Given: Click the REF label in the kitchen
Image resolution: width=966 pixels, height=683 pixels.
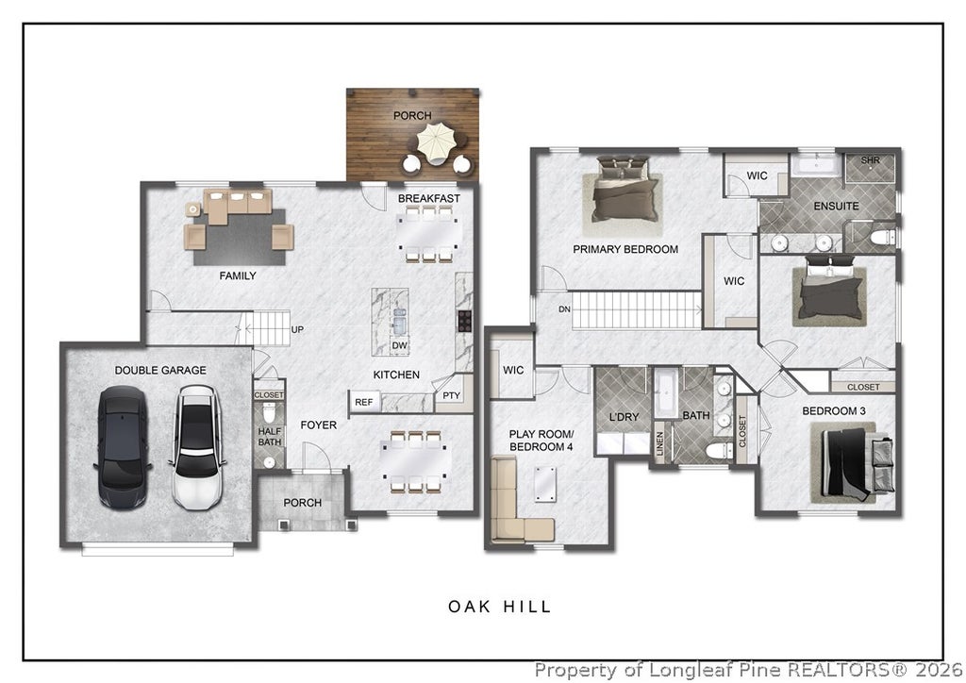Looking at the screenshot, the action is [x=363, y=402].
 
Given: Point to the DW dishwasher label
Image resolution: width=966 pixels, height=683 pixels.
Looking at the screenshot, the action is [x=400, y=345].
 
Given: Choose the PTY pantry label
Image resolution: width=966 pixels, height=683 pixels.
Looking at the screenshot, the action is [x=452, y=395].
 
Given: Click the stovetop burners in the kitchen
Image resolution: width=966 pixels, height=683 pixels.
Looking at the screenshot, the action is [x=464, y=322].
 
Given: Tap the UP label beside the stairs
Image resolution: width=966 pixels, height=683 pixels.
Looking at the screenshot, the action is [x=297, y=329].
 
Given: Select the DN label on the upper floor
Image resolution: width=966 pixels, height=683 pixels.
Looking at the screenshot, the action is [x=564, y=309].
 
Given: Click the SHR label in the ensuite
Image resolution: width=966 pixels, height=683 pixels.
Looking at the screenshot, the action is [x=870, y=160].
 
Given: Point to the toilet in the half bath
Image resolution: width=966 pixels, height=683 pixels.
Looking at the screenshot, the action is [x=269, y=410].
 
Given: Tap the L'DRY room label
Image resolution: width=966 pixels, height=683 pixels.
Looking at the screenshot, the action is [x=625, y=417].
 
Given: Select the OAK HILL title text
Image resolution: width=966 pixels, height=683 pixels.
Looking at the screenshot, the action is [x=500, y=607].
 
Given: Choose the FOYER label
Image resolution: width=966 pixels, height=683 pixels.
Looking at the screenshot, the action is [x=319, y=425].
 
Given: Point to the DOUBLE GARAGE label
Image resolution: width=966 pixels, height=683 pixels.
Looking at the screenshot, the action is [x=160, y=370].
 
